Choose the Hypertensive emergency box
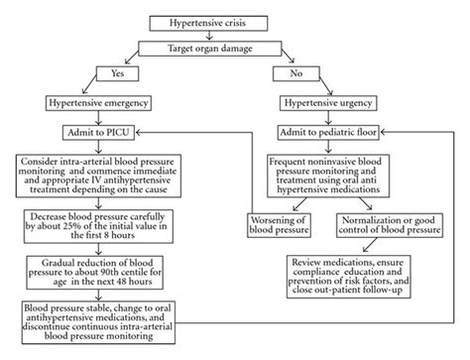coord(111,103)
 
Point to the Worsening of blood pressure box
coord(281,224)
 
